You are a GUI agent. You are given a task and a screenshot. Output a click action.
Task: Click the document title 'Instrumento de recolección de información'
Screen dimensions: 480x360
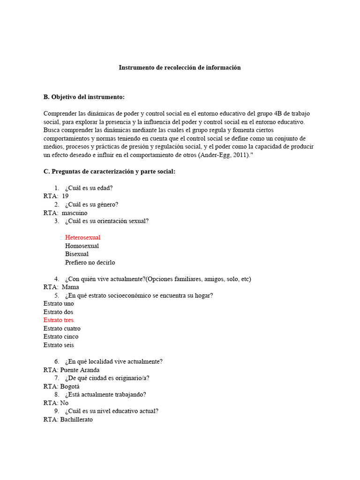180,67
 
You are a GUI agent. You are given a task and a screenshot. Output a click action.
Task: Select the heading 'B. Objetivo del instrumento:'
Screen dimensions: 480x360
84,97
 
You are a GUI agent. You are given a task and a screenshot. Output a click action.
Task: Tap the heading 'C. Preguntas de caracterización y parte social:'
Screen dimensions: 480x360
109,172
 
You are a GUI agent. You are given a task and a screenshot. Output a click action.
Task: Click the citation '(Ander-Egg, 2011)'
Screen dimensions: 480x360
224,155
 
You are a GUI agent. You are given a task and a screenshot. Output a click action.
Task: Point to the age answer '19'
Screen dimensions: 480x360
65,196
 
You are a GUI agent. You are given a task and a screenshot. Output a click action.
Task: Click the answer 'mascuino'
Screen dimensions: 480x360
75,213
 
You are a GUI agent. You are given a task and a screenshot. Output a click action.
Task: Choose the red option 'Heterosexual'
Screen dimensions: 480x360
82,238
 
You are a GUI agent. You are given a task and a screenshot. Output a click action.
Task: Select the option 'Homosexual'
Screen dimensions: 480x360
82,246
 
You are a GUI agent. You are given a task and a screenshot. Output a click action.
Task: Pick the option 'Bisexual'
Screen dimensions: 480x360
77,254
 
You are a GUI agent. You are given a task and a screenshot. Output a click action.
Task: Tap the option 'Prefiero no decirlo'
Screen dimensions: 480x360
90,262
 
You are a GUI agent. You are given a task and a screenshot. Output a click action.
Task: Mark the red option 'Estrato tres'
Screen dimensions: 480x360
59,320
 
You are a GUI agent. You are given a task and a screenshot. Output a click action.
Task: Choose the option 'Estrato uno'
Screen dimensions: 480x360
59,304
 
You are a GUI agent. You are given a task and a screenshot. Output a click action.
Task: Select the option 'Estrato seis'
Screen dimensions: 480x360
59,345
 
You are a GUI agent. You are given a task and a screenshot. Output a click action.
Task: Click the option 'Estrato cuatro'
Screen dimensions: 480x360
62,329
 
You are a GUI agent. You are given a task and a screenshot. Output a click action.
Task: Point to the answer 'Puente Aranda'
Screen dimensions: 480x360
80,370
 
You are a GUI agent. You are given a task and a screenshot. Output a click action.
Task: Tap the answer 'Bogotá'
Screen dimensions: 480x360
70,387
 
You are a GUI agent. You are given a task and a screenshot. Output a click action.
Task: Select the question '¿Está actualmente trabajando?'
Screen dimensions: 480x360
105,395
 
